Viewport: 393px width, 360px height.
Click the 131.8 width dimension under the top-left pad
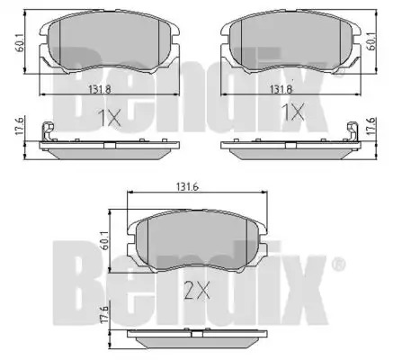(x=100, y=89)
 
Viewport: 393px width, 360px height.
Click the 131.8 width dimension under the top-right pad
(x=281, y=89)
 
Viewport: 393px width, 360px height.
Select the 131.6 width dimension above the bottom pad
(x=188, y=187)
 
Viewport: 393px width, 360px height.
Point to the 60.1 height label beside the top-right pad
(x=372, y=42)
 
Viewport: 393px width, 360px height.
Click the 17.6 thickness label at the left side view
(x=19, y=128)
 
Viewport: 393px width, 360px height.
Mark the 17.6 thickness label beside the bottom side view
(x=104, y=315)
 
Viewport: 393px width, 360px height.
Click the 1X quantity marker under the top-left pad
(x=110, y=118)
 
